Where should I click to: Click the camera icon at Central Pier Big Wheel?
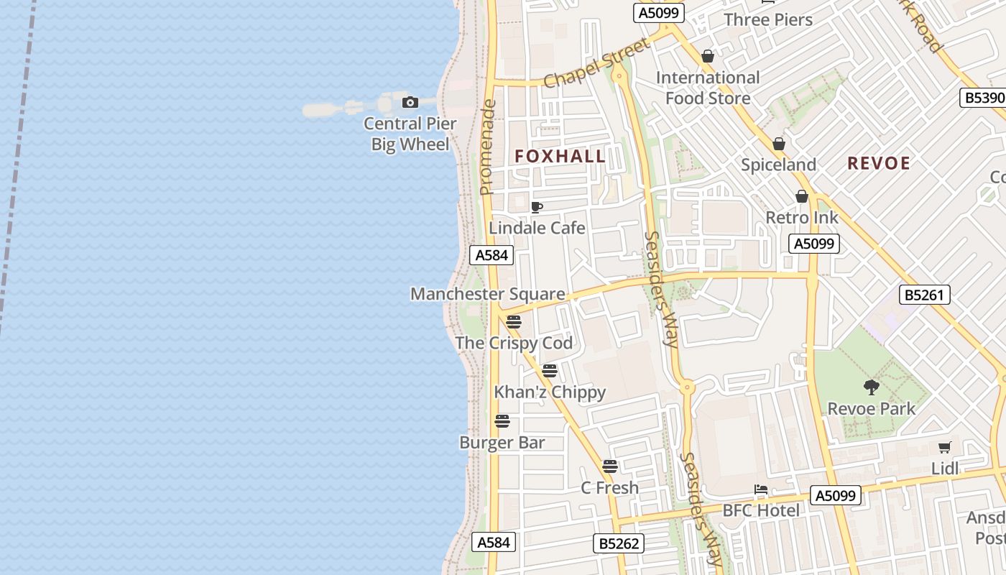410,103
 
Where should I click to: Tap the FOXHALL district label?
560,156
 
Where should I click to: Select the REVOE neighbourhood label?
879,163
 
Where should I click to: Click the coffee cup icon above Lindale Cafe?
536,208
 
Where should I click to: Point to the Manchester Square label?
487,294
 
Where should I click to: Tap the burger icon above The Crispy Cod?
513,321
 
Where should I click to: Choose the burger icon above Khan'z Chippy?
550,371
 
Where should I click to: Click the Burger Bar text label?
502,443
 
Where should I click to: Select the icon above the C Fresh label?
610,466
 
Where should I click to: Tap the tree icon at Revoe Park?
872,387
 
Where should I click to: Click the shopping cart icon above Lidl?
945,447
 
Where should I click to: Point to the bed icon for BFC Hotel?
761,490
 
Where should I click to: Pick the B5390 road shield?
982,98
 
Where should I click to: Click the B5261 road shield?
924,295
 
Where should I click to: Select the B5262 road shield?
619,543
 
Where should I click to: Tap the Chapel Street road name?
596,63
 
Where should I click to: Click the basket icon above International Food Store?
708,56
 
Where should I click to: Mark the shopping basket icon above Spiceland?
779,144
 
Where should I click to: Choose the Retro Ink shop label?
802,217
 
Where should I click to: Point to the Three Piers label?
768,19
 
